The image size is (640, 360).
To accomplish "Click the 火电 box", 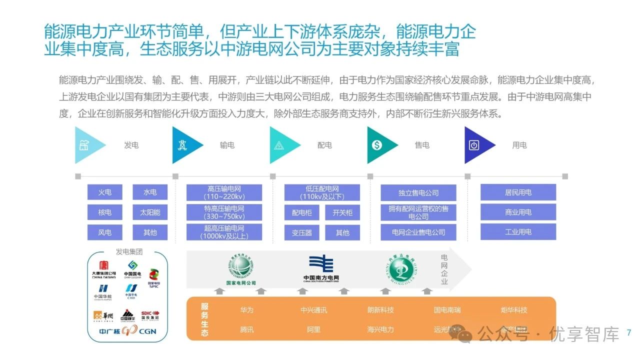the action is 105,192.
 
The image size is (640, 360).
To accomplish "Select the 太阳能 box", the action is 150,212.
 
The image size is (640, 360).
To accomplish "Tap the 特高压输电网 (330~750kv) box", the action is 224,212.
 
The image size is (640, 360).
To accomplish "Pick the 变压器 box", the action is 302,232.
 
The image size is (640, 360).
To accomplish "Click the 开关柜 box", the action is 342,212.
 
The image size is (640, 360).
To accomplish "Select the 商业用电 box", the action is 518,212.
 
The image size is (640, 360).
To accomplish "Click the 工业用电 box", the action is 518,231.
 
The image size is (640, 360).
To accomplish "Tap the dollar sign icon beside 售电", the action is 377,145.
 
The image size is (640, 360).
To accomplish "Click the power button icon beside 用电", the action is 474,145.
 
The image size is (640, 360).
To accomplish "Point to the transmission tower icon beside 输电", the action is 182,145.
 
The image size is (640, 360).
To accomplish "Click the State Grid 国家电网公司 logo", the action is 241,270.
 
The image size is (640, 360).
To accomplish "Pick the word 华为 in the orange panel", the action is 247,310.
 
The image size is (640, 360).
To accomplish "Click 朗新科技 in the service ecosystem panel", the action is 380,310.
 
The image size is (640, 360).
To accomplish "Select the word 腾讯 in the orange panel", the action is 247,330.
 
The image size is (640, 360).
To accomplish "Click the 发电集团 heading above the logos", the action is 129,252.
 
